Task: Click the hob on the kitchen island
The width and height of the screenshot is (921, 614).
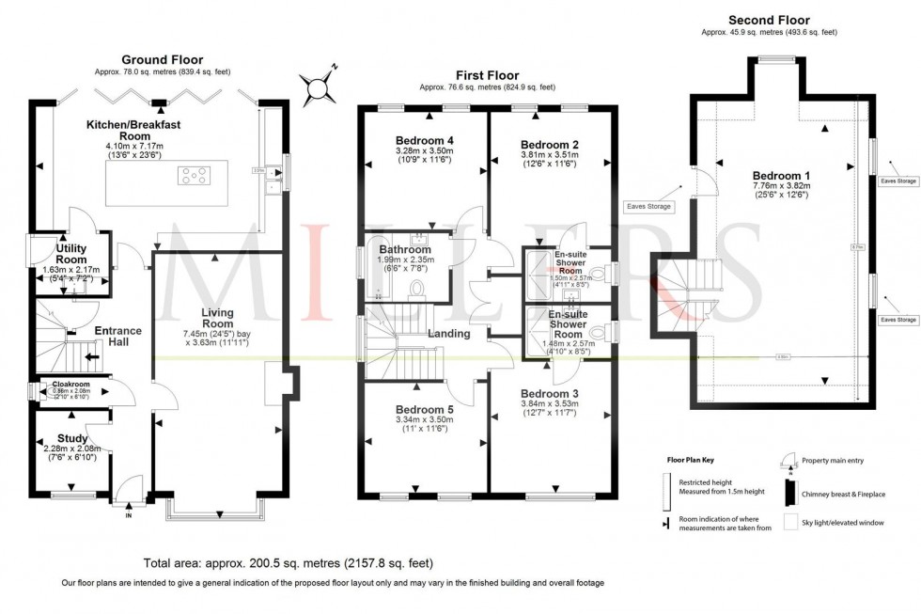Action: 195,174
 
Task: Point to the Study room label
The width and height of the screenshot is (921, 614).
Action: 72,438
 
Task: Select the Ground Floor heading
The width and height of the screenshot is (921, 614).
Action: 161,59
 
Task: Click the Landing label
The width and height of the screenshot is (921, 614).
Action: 450,333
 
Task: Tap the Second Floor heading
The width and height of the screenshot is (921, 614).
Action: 769,20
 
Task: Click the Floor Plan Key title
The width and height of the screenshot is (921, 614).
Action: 688,462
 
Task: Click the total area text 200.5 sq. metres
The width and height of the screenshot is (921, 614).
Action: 288,563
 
